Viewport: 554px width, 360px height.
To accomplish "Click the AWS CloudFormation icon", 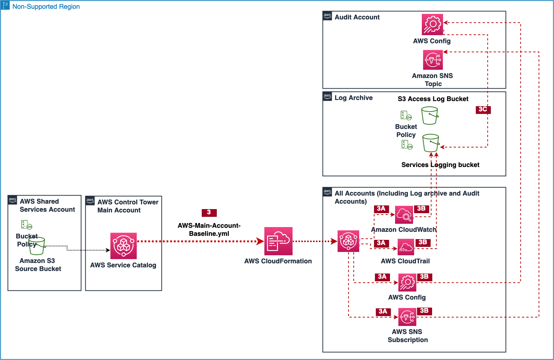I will tap(278, 241).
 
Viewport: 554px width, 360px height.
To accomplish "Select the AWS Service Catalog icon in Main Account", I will tap(123, 246).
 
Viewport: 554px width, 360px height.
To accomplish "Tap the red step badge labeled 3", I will tap(209, 212).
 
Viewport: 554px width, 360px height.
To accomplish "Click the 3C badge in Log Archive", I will tap(483, 110).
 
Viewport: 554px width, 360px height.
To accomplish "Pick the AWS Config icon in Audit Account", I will tap(432, 25).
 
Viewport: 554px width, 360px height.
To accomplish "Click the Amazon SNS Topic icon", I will tap(433, 59).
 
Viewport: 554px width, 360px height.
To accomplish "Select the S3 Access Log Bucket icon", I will tap(430, 116).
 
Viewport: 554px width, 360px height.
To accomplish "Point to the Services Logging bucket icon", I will tap(431, 143).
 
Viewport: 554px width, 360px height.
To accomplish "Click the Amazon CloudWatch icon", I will tap(404, 215).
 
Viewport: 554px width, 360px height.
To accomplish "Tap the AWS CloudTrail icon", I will tap(405, 247).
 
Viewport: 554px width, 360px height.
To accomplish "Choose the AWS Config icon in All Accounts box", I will tap(407, 283).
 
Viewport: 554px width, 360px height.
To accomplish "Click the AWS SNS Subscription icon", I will tap(407, 317).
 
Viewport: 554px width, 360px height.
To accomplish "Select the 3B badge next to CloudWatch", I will tap(421, 209).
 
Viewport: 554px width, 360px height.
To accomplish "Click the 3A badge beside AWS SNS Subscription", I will tap(383, 312).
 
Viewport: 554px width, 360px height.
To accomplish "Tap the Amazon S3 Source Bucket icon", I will tap(37, 246).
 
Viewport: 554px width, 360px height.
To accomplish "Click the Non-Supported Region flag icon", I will tap(5, 5).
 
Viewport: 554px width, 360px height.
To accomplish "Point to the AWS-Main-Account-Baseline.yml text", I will tap(209, 230).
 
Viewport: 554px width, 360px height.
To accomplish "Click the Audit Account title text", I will tap(357, 17).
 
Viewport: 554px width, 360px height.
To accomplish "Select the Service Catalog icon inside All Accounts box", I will tap(348, 241).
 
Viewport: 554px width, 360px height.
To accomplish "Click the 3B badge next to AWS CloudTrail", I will tap(423, 242).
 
